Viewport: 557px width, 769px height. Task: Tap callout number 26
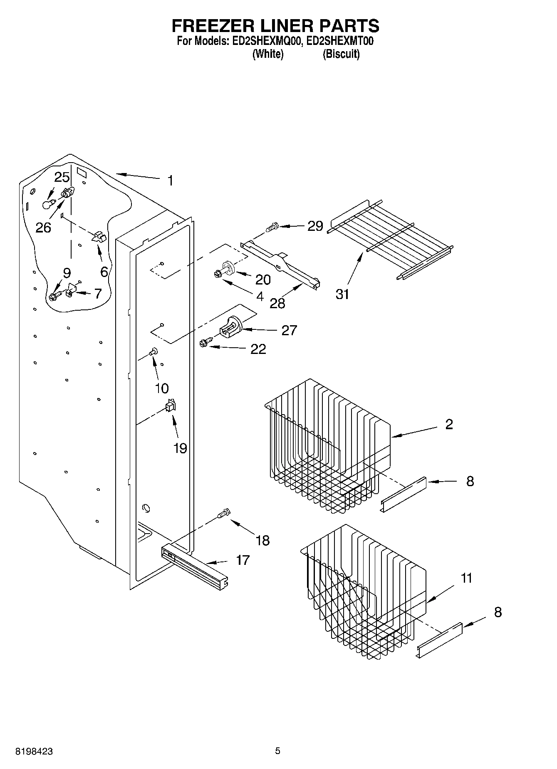click(x=43, y=227)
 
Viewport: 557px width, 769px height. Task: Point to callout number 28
click(x=277, y=303)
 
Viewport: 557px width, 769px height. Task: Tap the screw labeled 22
click(x=204, y=342)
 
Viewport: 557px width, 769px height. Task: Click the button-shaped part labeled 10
click(x=153, y=351)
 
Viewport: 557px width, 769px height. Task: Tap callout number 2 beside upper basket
click(x=449, y=424)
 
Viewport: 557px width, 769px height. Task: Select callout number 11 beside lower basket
click(x=466, y=578)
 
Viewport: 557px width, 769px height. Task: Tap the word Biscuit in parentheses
click(x=341, y=54)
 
